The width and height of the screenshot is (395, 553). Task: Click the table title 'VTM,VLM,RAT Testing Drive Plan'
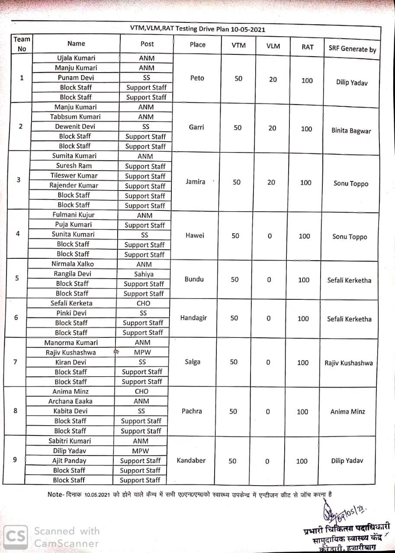click(x=198, y=29)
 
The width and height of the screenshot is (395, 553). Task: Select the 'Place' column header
click(x=197, y=44)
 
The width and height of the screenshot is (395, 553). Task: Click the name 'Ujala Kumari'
click(x=76, y=58)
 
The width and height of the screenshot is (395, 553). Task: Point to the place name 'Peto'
click(x=197, y=78)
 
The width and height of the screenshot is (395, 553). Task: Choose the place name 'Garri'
click(x=196, y=127)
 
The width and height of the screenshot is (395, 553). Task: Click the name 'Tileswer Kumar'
click(x=74, y=175)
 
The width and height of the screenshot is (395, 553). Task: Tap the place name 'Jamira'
click(x=196, y=181)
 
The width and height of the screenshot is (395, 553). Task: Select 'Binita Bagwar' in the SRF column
click(x=351, y=131)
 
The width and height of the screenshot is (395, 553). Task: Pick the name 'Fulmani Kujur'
click(x=74, y=215)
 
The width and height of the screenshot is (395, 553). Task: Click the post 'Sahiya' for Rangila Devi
click(x=144, y=274)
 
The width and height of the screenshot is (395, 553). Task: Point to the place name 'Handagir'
click(x=193, y=318)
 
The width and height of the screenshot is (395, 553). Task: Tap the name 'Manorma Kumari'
click(x=71, y=343)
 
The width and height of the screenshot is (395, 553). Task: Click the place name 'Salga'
click(x=193, y=362)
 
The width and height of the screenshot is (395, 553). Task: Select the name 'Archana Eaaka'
click(x=70, y=401)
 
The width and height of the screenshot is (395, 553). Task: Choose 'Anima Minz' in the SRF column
click(x=347, y=412)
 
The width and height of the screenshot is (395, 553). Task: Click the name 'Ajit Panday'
click(x=69, y=461)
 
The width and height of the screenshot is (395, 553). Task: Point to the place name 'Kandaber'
click(x=191, y=461)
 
